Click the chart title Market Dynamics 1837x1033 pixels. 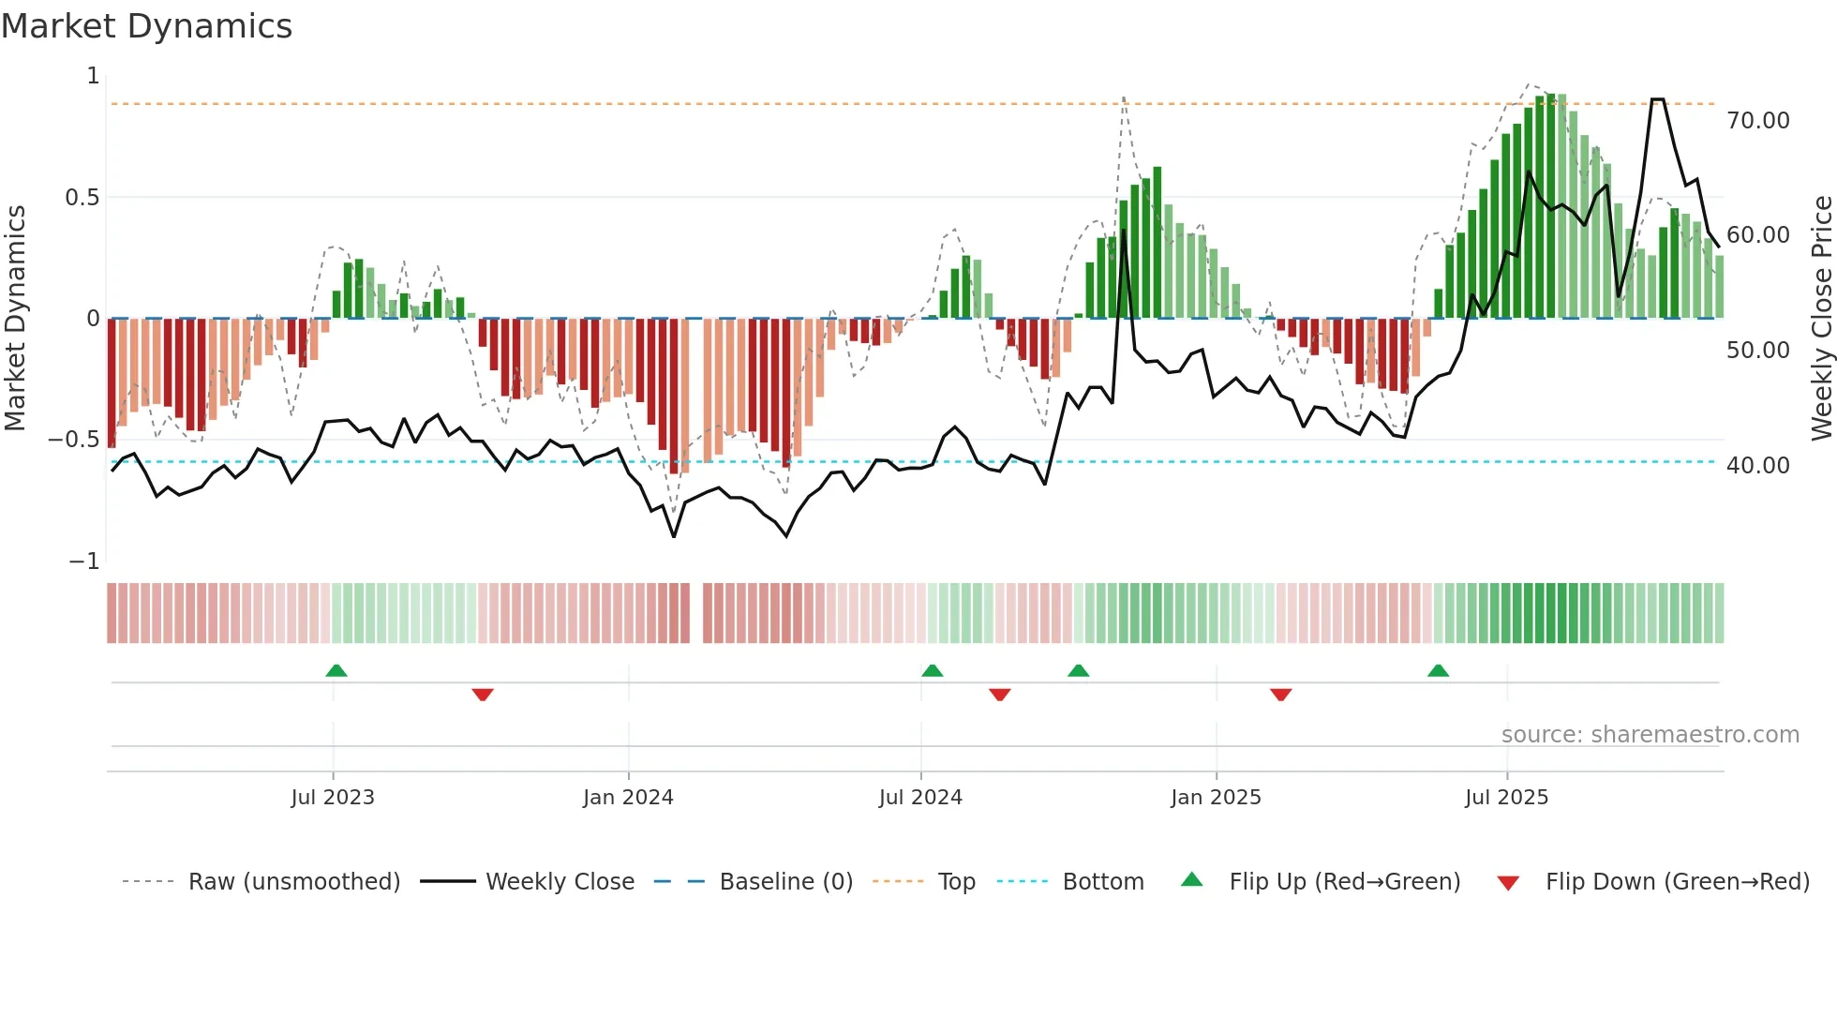[146, 26]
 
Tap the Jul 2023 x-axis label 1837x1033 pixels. [332, 798]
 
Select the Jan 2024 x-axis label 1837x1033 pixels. [628, 798]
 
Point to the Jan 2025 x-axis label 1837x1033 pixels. [1216, 798]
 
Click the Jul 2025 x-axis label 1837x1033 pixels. [1506, 798]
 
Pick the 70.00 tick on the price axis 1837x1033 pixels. [1757, 121]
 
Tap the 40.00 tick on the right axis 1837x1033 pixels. [1757, 466]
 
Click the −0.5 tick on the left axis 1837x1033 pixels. [74, 440]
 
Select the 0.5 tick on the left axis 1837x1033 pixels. [82, 198]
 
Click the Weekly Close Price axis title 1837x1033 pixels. [1821, 318]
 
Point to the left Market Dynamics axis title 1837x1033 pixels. [15, 318]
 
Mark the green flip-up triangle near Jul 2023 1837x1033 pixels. [336, 670]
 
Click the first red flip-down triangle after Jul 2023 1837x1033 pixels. [483, 695]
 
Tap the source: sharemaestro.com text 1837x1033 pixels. [1650, 735]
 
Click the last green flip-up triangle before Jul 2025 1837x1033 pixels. [1438, 670]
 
